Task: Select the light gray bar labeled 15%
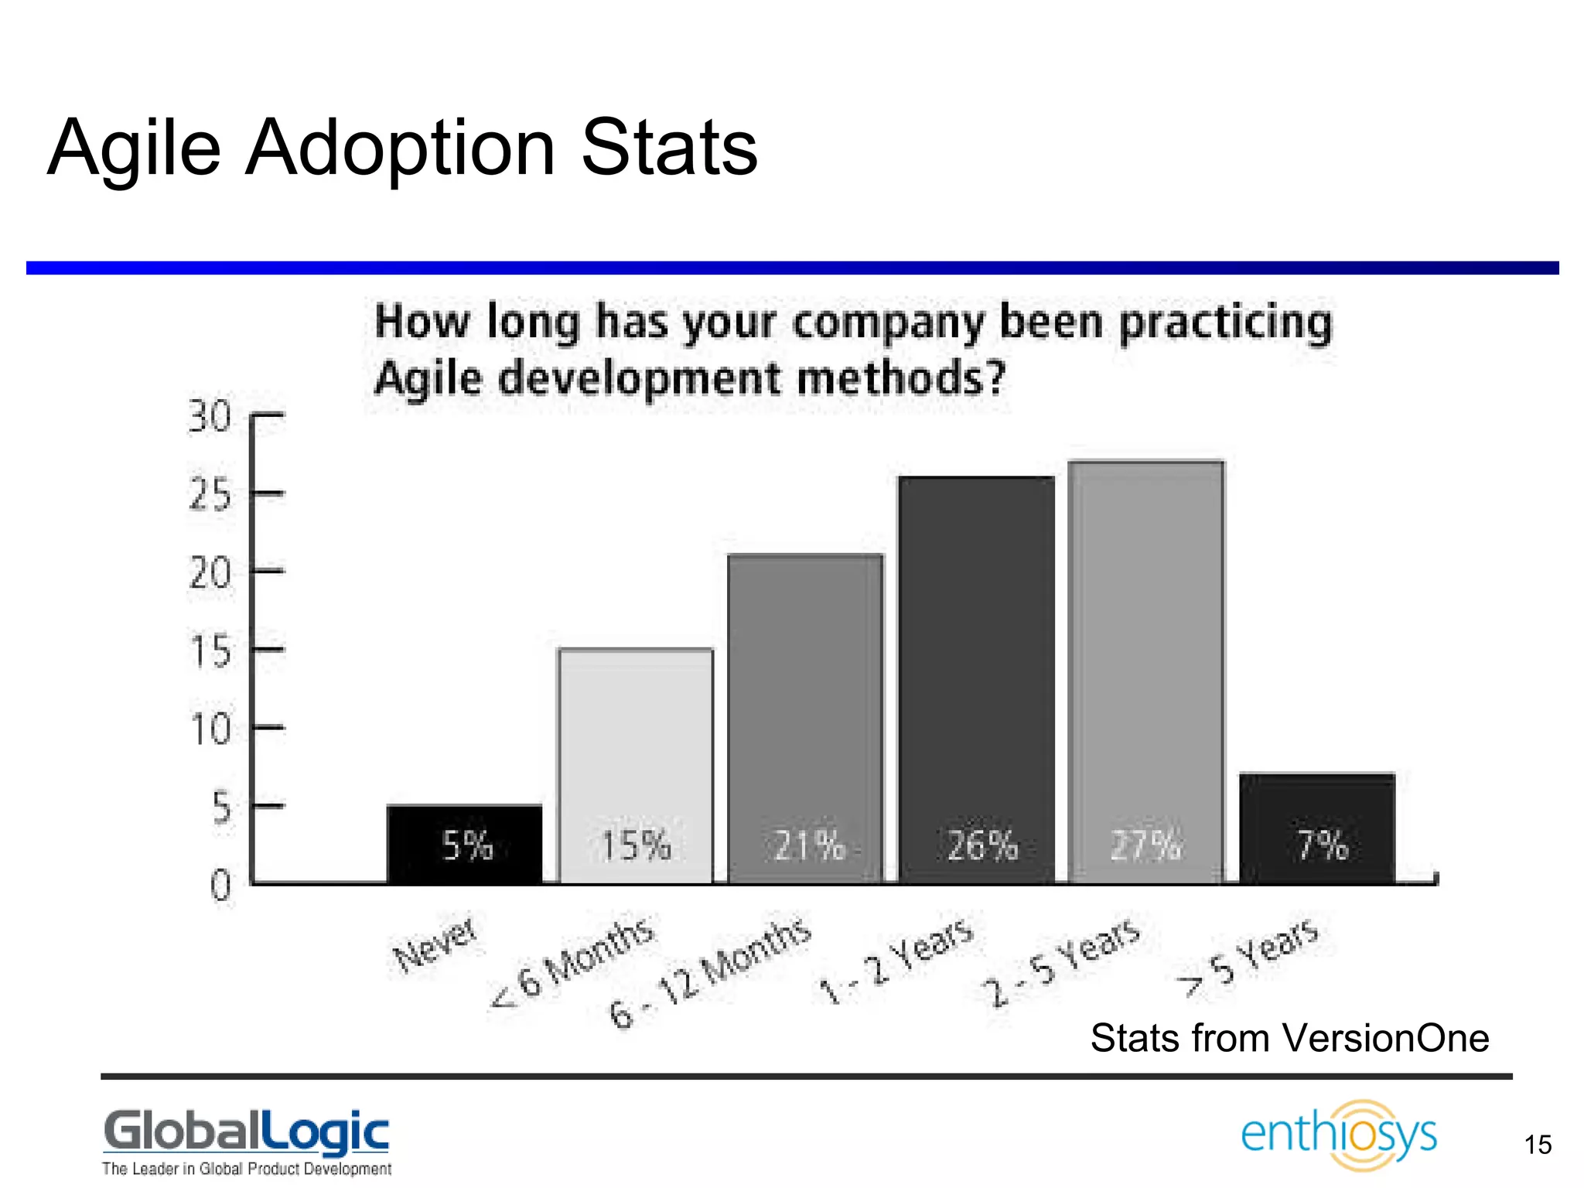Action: tap(636, 766)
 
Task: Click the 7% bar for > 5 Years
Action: tap(1317, 828)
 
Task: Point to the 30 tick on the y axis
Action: tap(210, 417)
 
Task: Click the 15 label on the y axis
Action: tap(210, 651)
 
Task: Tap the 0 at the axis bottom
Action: tap(220, 886)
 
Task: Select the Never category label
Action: tap(435, 945)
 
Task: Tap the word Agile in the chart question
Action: tap(426, 379)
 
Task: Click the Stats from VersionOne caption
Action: tap(1289, 1038)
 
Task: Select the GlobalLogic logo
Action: tap(246, 1132)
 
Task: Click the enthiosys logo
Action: tap(1339, 1135)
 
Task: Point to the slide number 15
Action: tap(1538, 1145)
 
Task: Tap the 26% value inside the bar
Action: tap(982, 845)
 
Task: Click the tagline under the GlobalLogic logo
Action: tap(246, 1169)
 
